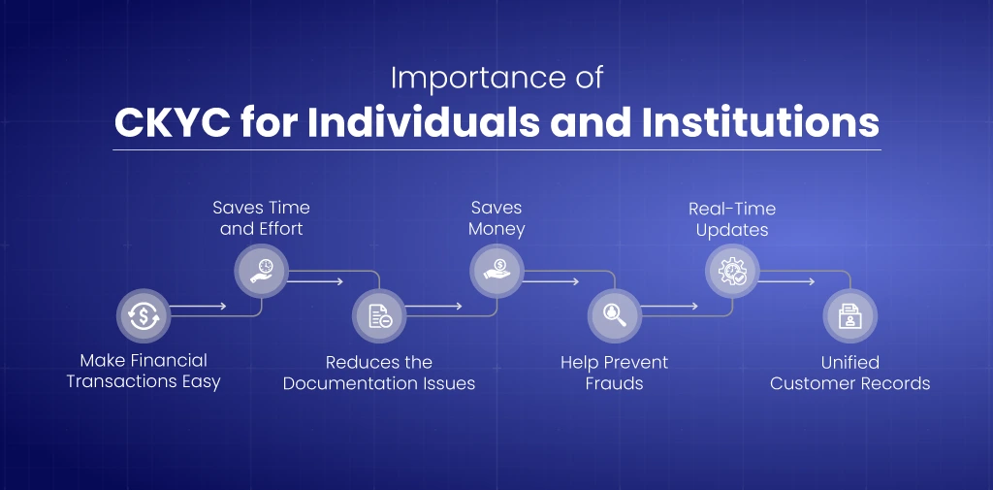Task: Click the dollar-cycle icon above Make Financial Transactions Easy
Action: (144, 315)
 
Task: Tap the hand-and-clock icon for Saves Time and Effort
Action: (262, 271)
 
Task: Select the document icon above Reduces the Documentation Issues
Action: (379, 315)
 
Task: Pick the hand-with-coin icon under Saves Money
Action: (497, 271)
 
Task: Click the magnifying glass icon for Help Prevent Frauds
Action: (615, 315)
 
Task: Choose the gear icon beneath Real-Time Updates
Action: (733, 271)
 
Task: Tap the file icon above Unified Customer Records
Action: (850, 315)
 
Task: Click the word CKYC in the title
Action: (173, 122)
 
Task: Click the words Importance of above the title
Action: (497, 78)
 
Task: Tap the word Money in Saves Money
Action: (497, 229)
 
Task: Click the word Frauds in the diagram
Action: (614, 383)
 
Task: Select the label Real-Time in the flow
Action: (732, 209)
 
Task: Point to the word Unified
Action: (850, 363)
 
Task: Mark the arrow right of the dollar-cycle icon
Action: (198, 307)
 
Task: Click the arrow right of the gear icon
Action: (786, 281)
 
